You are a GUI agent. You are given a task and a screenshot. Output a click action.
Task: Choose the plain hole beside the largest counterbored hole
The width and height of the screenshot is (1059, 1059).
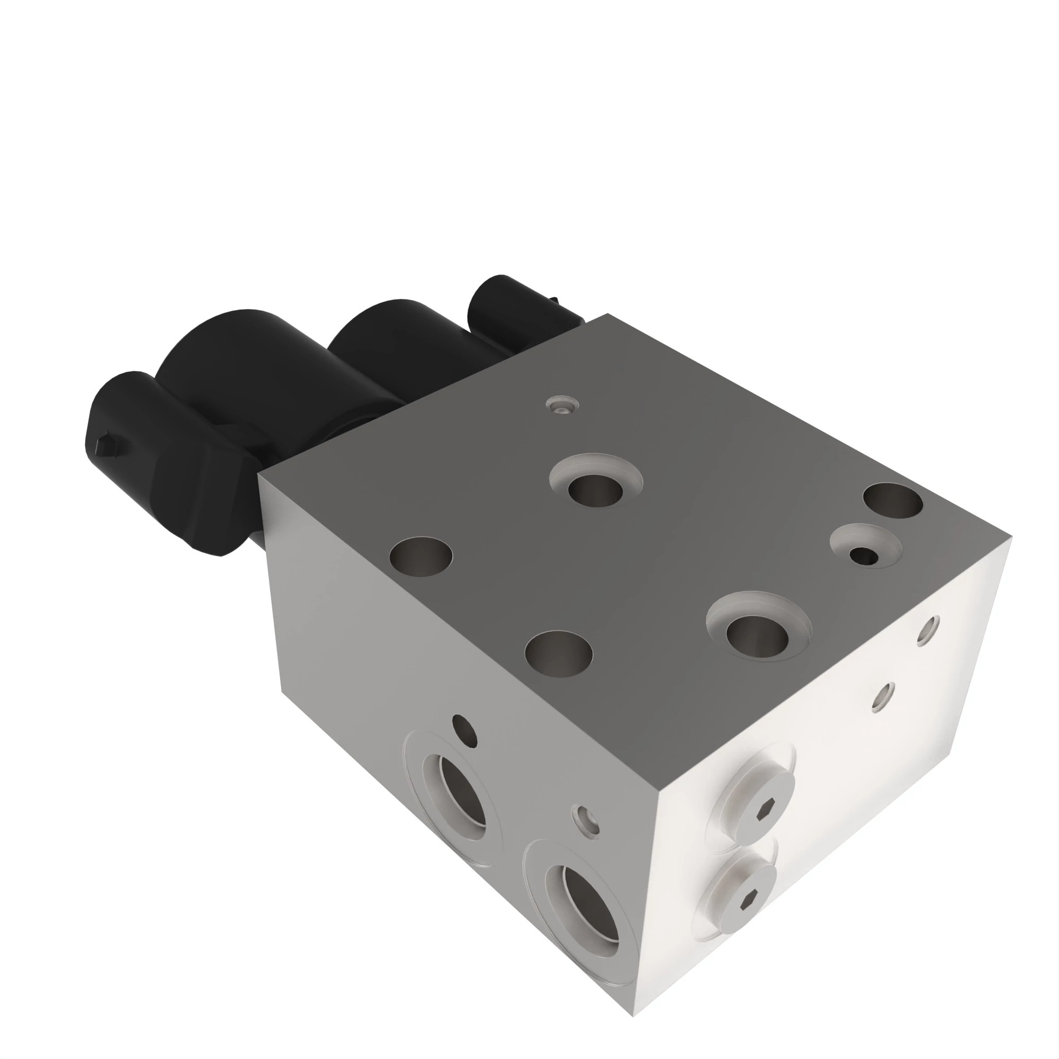click(x=559, y=654)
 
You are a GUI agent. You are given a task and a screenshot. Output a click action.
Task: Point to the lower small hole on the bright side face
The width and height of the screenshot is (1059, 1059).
click(x=884, y=698)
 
